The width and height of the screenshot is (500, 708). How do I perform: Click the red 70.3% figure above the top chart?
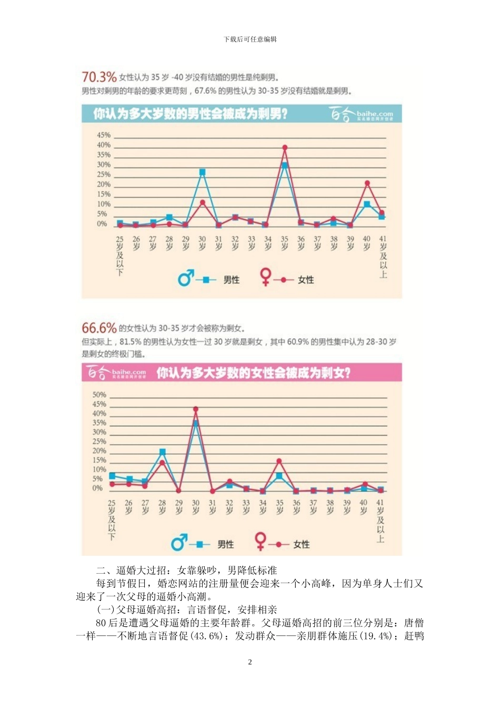99,77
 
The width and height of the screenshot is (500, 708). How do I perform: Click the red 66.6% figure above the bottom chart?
99,328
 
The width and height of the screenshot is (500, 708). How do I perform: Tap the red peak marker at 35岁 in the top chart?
285,148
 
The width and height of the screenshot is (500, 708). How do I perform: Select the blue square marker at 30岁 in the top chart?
202,172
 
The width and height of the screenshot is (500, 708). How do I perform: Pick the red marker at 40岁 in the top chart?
367,183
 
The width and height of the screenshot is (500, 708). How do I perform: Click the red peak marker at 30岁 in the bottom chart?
196,409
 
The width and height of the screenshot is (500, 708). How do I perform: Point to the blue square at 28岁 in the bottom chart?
162,452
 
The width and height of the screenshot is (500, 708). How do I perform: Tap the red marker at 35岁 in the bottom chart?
279,461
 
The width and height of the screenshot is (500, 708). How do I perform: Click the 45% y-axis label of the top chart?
104,135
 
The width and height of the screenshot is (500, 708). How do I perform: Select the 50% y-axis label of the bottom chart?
99,395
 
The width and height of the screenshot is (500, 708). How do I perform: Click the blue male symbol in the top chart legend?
186,278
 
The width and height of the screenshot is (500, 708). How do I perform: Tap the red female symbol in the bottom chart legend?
260,541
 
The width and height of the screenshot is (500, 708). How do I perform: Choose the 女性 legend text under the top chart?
306,280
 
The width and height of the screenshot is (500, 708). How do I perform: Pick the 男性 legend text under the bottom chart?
226,544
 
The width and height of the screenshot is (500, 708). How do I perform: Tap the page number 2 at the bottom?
250,662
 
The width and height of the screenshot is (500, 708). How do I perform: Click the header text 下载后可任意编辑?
250,39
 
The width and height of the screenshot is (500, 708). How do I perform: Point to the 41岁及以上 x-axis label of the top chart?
383,257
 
